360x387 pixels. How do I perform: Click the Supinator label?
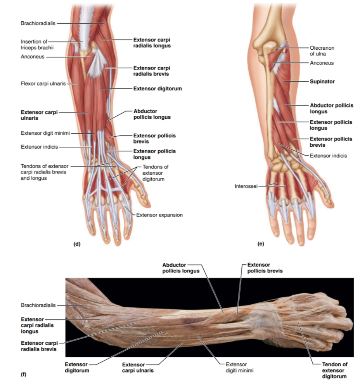[x=322, y=82]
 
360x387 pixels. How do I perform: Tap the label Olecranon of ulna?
[x=322, y=51]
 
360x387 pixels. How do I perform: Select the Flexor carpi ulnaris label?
[x=43, y=84]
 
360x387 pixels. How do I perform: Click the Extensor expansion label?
[x=159, y=215]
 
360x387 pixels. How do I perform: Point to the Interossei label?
[x=246, y=186]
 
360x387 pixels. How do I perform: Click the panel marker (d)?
[x=77, y=244]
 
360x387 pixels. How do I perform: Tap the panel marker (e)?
[x=261, y=244]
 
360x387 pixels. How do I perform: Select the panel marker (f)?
[x=23, y=375]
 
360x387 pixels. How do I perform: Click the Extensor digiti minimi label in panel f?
[x=239, y=367]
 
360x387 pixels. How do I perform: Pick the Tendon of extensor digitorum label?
[x=334, y=370]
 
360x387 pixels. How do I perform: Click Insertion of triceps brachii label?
[x=37, y=45]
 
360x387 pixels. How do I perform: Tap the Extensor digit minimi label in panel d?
[x=45, y=133]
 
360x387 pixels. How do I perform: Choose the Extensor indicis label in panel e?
[x=328, y=156]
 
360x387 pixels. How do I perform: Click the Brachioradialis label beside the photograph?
[x=38, y=305]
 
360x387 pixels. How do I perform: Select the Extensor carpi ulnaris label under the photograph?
[x=138, y=368]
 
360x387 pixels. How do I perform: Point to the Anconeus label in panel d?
[x=33, y=57]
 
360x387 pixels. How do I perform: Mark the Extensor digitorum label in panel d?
[x=157, y=89]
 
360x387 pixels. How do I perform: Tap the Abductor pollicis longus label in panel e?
[x=331, y=108]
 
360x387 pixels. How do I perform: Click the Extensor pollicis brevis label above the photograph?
[x=265, y=268]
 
